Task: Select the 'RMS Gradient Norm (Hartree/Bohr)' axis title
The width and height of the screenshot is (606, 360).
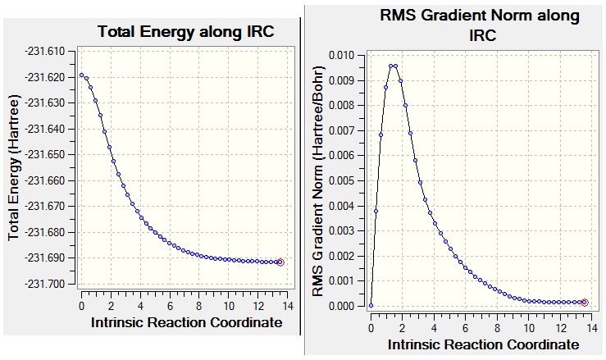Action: (x=319, y=180)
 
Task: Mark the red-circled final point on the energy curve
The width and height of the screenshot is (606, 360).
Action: (x=280, y=262)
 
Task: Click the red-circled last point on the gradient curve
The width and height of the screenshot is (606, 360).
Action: (x=585, y=303)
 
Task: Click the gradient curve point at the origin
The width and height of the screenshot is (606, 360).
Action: (x=371, y=305)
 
